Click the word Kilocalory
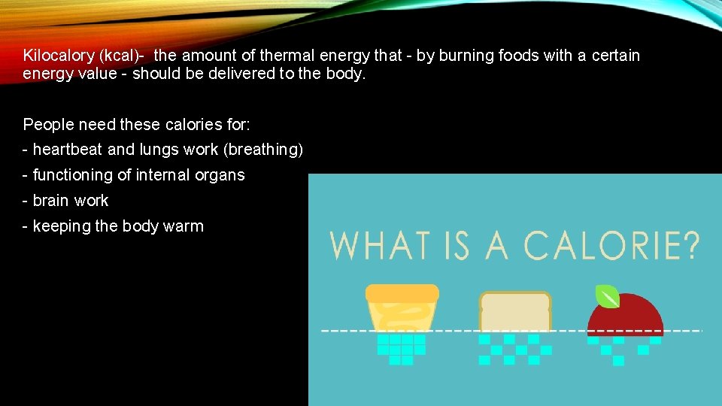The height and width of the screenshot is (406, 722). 56,56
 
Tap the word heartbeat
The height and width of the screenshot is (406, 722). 68,150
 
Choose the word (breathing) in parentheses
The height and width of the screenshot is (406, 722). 263,150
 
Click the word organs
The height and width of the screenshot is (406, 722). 222,175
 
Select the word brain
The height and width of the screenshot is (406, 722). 51,201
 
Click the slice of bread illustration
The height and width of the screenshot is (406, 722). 515,313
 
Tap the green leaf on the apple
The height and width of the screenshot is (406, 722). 607,296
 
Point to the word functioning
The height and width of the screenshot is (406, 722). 74,175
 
